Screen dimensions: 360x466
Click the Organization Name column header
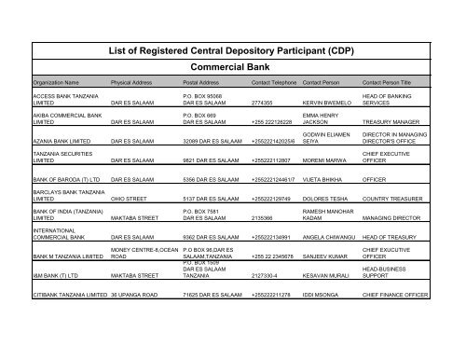click(59, 82)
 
